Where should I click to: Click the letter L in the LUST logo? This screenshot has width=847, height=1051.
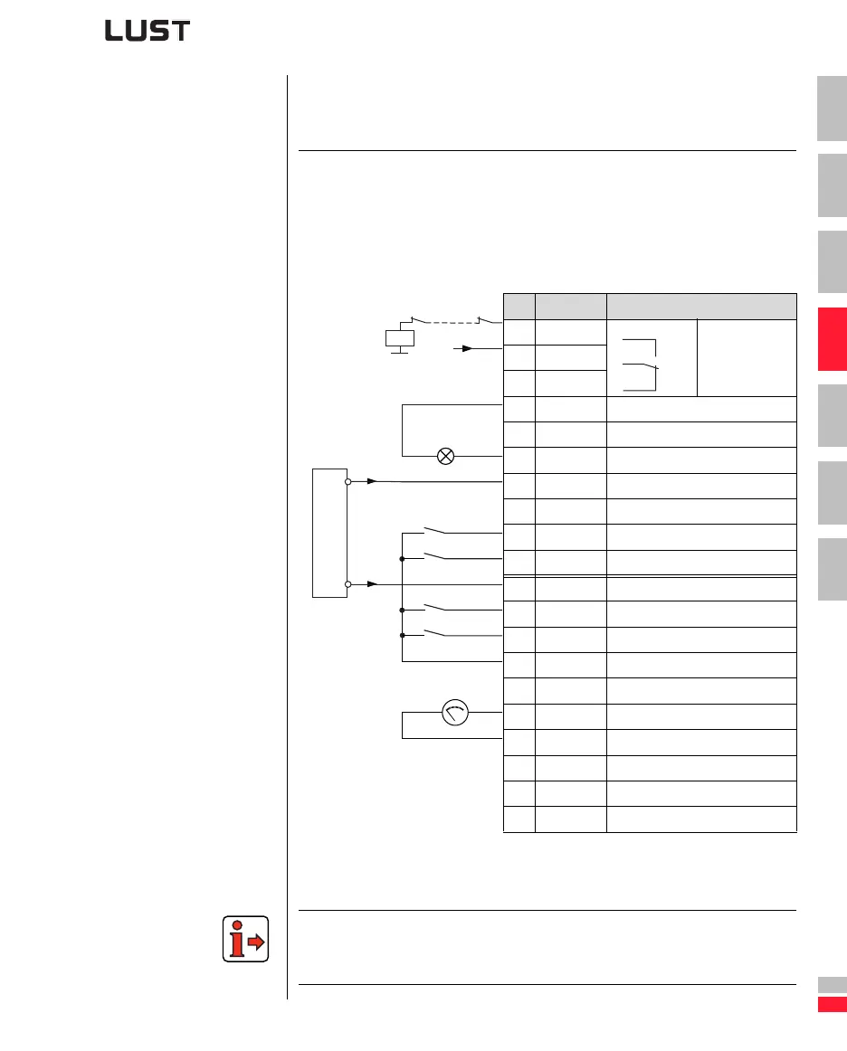(x=114, y=31)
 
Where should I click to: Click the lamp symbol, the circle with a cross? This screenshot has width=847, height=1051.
(x=445, y=456)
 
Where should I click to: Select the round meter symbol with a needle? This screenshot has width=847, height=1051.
(x=453, y=713)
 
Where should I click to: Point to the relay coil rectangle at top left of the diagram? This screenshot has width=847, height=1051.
(x=399, y=337)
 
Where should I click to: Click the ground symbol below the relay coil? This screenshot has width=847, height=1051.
(x=399, y=354)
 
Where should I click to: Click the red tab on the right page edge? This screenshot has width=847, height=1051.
(x=832, y=339)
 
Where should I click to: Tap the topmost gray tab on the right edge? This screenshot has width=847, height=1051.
(x=832, y=109)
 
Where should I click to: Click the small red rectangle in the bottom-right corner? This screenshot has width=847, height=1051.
(x=832, y=1005)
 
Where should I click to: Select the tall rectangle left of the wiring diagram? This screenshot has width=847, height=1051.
(x=329, y=533)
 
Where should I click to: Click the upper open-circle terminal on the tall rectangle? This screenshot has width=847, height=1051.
(x=347, y=482)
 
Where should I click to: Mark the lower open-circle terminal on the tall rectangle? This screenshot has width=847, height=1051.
(x=347, y=584)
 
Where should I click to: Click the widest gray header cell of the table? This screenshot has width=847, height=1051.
(x=701, y=306)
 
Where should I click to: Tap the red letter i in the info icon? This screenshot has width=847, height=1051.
(x=237, y=940)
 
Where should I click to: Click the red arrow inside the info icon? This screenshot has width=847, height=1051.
(x=255, y=942)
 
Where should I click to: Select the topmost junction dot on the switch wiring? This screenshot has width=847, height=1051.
(x=401, y=559)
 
